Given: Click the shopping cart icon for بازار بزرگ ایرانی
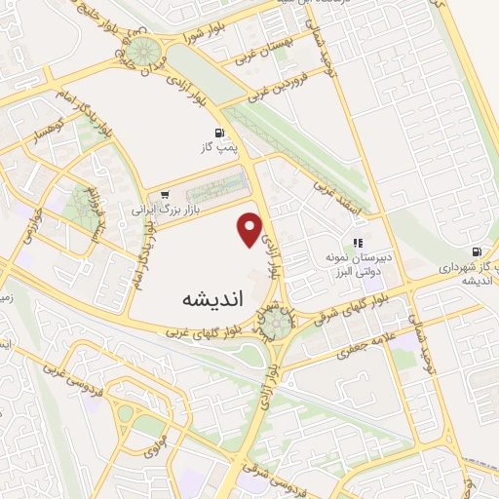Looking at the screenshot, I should click(166, 193).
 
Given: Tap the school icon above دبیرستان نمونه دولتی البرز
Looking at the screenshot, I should click(358, 243).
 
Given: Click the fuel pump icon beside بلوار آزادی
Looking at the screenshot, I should click(218, 133).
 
